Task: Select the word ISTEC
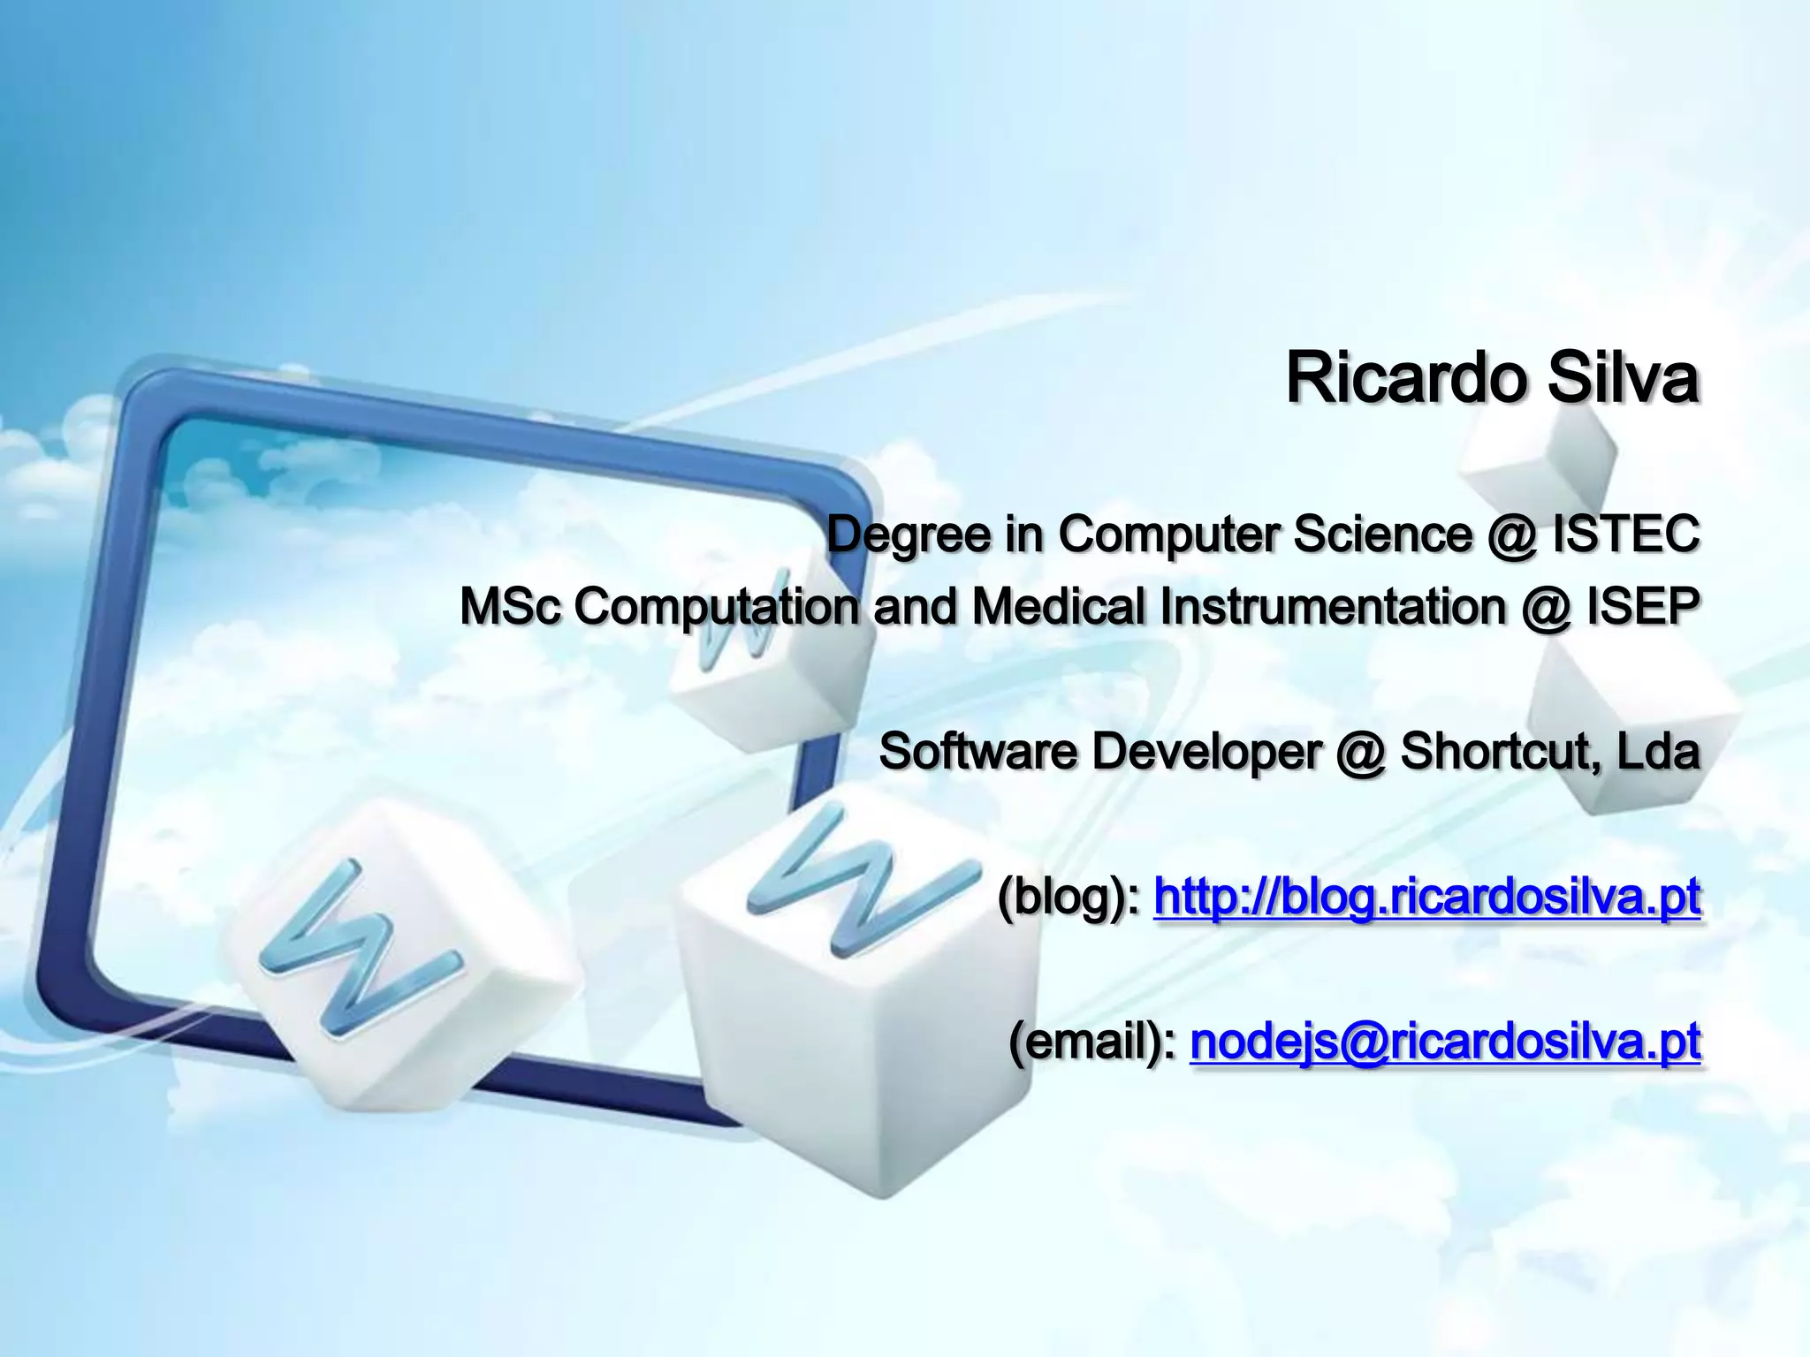click(1626, 534)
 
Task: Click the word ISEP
click(1642, 606)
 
